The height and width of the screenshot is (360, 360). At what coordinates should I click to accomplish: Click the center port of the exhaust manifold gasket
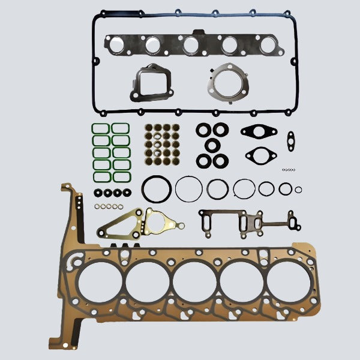[191, 44]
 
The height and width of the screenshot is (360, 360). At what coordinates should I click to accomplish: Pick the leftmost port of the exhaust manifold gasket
[115, 44]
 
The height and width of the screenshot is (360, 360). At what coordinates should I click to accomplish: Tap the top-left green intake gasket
[100, 129]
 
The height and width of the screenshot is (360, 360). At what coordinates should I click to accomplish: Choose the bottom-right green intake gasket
[121, 177]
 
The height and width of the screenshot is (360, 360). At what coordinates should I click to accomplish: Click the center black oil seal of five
[212, 145]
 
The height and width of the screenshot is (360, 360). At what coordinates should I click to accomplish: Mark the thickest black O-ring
[156, 188]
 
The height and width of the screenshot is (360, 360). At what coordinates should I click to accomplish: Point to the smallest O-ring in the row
[299, 190]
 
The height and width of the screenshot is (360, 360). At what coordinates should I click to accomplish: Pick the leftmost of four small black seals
[98, 193]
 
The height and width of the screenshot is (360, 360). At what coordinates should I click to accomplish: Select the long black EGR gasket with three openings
[246, 221]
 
